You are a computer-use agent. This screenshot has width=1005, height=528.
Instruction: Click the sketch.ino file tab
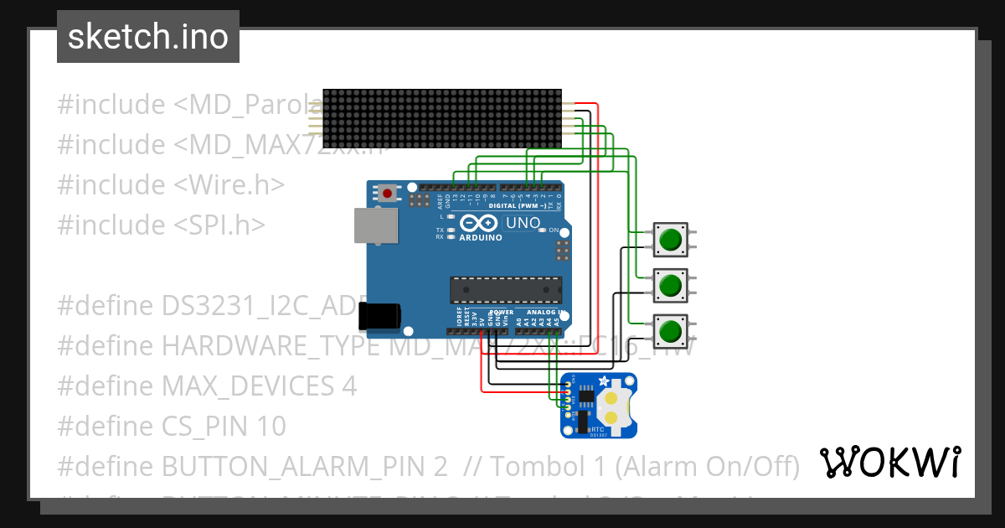point(147,37)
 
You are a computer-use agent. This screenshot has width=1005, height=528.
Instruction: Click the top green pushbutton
point(670,241)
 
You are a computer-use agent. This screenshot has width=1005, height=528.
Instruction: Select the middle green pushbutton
point(670,287)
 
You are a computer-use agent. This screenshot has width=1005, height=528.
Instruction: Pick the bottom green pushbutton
point(670,332)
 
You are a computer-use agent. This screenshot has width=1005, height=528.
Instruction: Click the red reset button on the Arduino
point(387,194)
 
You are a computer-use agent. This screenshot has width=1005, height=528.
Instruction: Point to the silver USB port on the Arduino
point(376,226)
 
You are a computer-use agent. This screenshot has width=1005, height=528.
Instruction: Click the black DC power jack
point(379,316)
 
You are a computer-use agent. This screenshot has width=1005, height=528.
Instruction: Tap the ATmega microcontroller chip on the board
point(505,289)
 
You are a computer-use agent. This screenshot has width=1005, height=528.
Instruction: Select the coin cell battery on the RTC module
point(613,406)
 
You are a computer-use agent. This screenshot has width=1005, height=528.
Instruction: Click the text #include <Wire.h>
point(171,184)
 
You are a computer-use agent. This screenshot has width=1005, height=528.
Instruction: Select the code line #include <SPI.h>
point(161,225)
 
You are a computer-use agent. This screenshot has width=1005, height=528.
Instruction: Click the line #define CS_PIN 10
point(171,426)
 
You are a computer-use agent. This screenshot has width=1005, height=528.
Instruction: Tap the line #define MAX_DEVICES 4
point(206,386)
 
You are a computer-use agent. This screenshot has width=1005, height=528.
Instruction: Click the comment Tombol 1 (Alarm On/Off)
point(645,466)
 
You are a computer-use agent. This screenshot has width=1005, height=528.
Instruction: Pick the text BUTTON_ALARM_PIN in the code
point(296,466)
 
